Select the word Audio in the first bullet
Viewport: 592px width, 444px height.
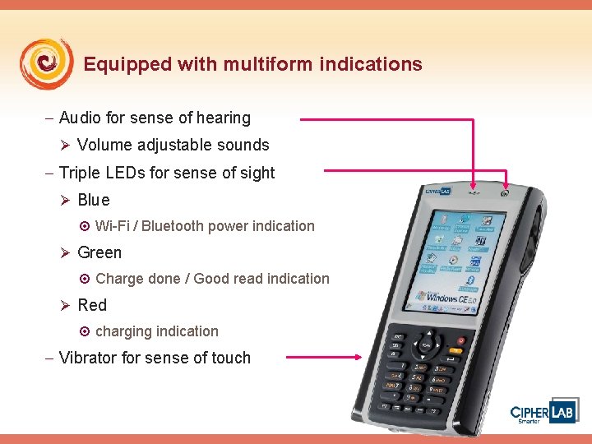pos(81,118)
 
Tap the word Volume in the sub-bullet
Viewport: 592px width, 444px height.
pos(103,146)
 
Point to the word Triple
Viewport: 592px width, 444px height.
pos(79,173)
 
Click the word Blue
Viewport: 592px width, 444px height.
pos(93,201)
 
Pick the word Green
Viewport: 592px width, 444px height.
pos(99,253)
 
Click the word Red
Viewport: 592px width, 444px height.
pos(92,306)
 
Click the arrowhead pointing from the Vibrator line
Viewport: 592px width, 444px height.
pos(358,357)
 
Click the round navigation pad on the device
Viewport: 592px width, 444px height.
pos(428,345)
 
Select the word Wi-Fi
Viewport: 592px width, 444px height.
pos(112,226)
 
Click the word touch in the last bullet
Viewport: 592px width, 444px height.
pos(230,358)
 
